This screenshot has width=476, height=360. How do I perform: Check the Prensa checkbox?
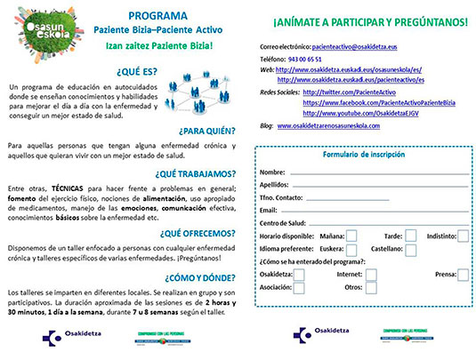(x=465, y=276)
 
